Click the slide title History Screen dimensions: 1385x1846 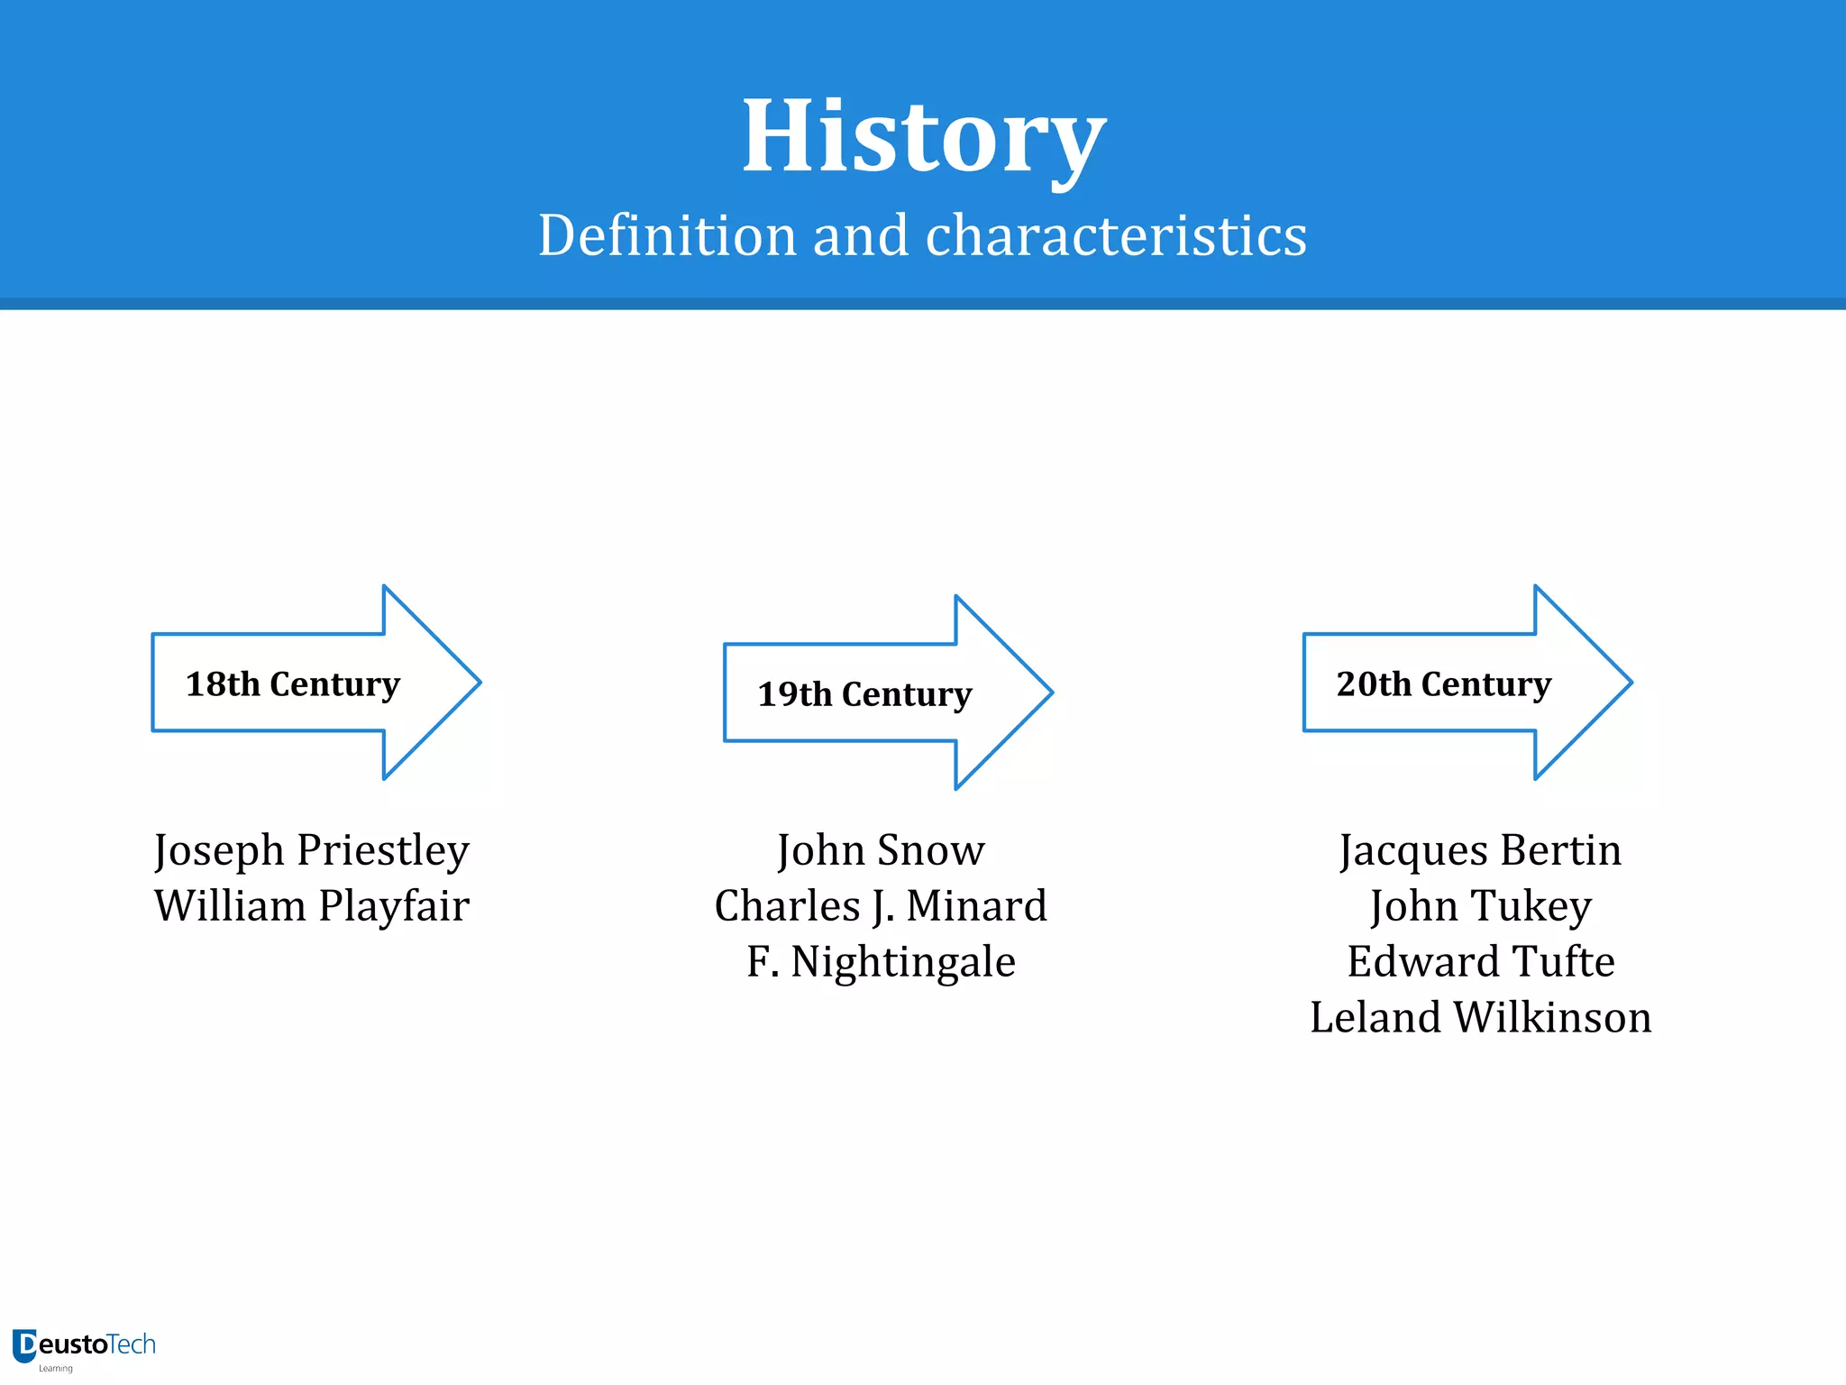pos(923,137)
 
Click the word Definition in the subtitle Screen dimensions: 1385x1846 pos(667,236)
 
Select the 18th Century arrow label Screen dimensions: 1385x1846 pos(292,684)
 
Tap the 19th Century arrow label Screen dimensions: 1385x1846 pos(864,694)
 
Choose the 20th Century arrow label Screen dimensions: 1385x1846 pos(1443,684)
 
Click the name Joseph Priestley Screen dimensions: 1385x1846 pos(312,850)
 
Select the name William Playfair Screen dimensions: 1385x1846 pos(312,906)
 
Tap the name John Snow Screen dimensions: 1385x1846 pos(881,850)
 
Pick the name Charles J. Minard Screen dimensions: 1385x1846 pos(881,906)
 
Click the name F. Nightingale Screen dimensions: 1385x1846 pos(881,962)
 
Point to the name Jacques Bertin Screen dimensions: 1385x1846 pos(1480,850)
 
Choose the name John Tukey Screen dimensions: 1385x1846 pos(1480,906)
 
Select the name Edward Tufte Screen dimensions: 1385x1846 pos(1480,962)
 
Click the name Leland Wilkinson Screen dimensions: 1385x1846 pos(1480,1018)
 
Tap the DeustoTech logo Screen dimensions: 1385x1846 pos(84,1345)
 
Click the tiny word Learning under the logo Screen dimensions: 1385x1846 pos(55,1369)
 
